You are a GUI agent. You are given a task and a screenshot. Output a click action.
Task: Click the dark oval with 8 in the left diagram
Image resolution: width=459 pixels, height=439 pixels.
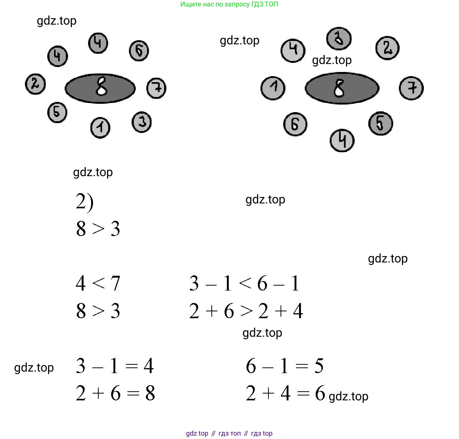point(100,88)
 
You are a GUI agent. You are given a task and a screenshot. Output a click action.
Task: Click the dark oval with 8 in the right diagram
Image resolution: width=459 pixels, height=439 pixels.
point(342,88)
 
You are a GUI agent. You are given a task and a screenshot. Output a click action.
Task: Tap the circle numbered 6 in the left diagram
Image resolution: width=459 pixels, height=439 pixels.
point(139,51)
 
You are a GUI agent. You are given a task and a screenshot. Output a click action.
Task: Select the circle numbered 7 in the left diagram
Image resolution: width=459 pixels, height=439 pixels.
point(156,88)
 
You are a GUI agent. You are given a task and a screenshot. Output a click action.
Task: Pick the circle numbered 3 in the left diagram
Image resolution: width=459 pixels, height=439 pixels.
point(142,122)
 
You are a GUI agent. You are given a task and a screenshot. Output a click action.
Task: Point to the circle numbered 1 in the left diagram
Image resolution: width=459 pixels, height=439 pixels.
point(100,128)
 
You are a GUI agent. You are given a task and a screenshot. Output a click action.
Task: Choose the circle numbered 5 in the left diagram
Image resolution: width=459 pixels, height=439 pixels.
point(57,112)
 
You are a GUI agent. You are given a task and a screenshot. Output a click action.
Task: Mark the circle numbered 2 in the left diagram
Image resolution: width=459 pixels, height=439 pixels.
point(36,84)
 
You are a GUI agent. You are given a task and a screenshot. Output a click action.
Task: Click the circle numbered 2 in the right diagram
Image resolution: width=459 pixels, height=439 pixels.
point(387,48)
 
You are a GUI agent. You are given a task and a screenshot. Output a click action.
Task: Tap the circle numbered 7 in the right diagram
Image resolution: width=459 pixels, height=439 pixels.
point(411,88)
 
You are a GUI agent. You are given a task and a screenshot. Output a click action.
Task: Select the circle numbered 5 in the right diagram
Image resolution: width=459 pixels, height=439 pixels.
point(380,123)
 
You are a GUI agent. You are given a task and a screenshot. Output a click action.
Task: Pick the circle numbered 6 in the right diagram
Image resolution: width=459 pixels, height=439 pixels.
point(295,124)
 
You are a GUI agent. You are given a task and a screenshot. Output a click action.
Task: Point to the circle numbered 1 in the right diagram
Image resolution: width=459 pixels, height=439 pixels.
point(273,88)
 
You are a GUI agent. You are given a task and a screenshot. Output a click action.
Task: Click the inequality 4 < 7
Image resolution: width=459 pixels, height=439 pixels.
point(98,283)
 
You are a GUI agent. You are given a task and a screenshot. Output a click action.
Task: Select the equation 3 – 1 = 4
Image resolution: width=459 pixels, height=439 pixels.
point(115,366)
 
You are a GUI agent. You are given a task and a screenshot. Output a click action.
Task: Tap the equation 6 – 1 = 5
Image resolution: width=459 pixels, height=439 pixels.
point(284,366)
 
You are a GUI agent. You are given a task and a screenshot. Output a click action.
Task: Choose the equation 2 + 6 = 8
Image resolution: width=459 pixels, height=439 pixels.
point(115,393)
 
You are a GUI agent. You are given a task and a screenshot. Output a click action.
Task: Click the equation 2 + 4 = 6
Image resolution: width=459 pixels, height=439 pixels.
point(285,393)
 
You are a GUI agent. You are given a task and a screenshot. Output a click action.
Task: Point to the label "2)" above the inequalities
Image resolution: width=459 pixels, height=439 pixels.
point(84,202)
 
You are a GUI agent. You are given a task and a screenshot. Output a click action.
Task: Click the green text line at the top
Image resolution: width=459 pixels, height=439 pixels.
point(229,5)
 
